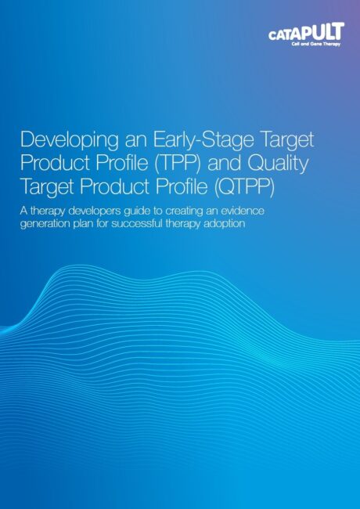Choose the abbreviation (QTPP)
click(244, 187)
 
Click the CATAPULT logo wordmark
click(306, 32)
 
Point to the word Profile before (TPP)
click(125, 164)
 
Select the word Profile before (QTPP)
click(182, 187)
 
